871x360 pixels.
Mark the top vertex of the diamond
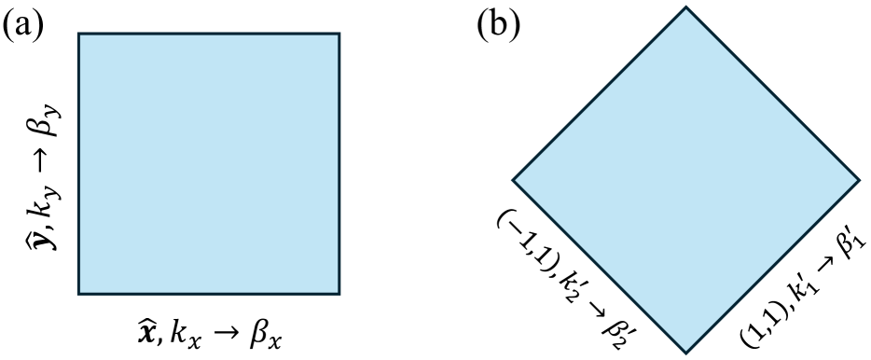pyautogui.click(x=686, y=7)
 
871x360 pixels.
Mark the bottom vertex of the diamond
pyautogui.click(x=686, y=353)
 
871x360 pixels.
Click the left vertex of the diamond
pyautogui.click(x=513, y=179)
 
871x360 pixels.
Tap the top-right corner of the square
pyautogui.click(x=339, y=34)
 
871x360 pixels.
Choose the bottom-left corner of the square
pyautogui.click(x=78, y=294)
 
